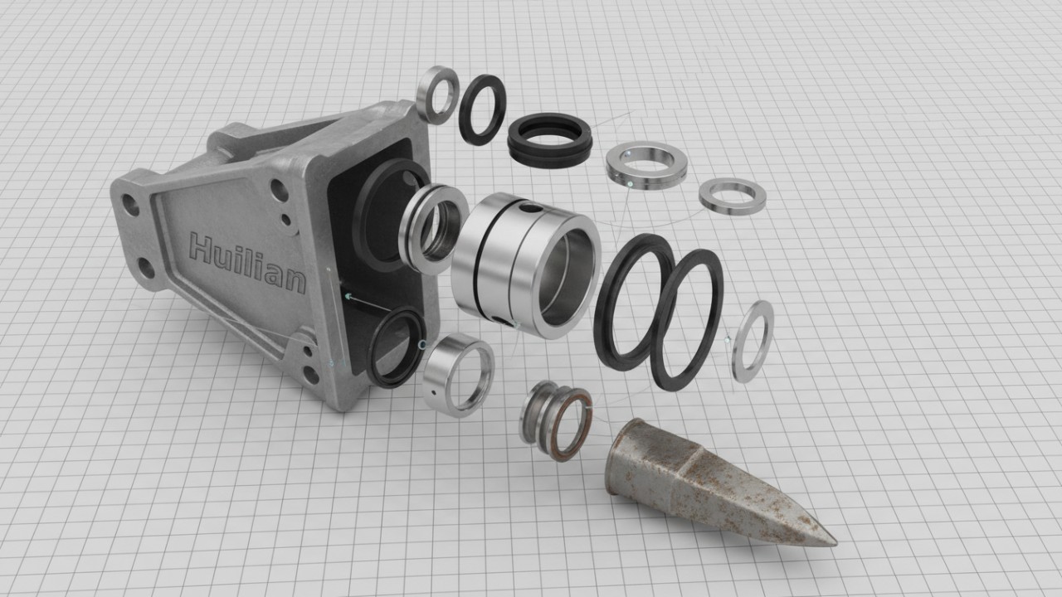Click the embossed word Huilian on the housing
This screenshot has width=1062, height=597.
pyautogui.click(x=247, y=264)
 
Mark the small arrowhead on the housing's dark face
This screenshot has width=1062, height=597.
pyautogui.click(x=348, y=295)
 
